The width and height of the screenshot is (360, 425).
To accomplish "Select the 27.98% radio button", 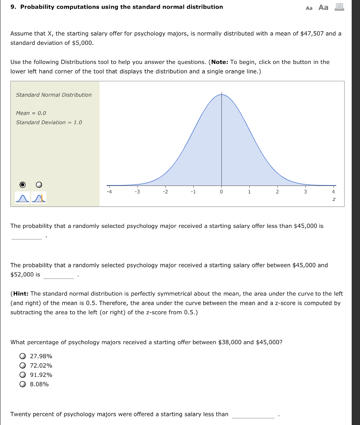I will pyautogui.click(x=22, y=356).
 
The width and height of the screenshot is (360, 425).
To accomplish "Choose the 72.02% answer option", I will pyautogui.click(x=22, y=366).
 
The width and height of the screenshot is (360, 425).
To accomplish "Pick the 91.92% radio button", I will pyautogui.click(x=22, y=375).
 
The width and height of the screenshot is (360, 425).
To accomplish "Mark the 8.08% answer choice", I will pyautogui.click(x=22, y=384).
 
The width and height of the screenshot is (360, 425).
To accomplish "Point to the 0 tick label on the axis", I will pyautogui.click(x=221, y=192).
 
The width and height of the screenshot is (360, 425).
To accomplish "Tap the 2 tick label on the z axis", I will pyautogui.click(x=277, y=192).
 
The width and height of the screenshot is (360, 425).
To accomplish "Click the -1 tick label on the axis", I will pyautogui.click(x=193, y=192).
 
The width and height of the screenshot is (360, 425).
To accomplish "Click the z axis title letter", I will pyautogui.click(x=333, y=200).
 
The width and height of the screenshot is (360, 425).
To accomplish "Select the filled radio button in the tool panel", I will pyautogui.click(x=23, y=184).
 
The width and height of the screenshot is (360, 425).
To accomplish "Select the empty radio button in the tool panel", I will pyautogui.click(x=39, y=184).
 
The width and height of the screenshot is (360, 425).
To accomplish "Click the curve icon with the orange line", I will pyautogui.click(x=40, y=198).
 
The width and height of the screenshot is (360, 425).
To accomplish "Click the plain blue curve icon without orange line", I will pyautogui.click(x=22, y=198).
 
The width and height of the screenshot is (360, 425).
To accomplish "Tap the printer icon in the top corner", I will pyautogui.click(x=339, y=7).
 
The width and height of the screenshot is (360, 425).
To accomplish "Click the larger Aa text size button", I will pyautogui.click(x=323, y=7).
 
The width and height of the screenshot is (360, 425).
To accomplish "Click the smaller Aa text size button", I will pyautogui.click(x=309, y=8).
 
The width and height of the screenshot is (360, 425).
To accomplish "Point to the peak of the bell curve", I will pyautogui.click(x=221, y=95).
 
